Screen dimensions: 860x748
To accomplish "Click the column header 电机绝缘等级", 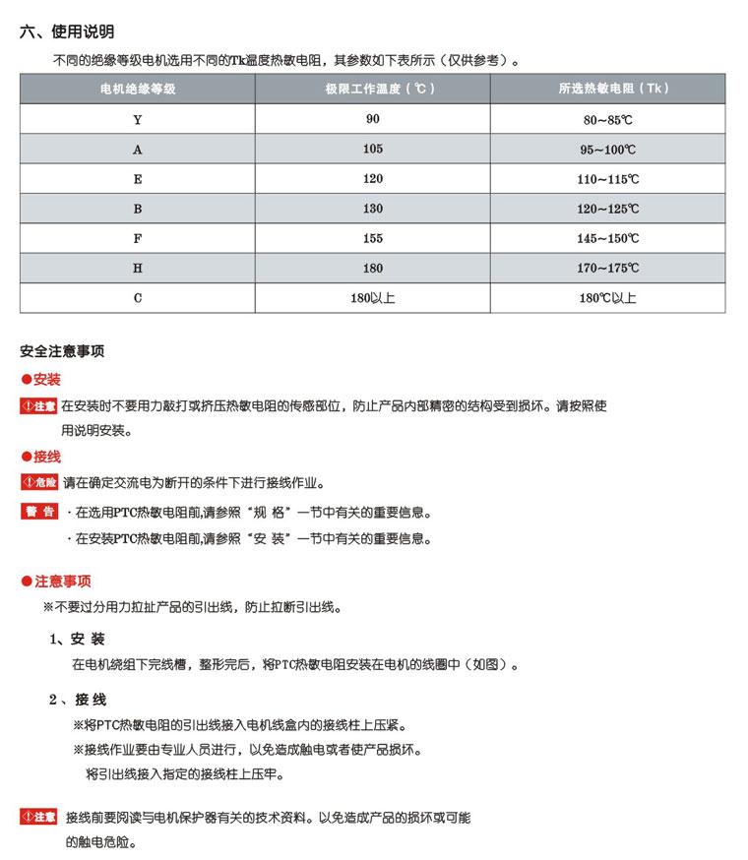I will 138,89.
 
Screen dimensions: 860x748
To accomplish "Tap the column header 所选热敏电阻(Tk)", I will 613,89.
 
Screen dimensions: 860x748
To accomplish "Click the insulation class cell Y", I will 138,119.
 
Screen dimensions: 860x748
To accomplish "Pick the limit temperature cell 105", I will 372,149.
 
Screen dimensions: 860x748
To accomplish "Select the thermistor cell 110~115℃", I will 608,179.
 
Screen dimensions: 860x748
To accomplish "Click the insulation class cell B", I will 138,209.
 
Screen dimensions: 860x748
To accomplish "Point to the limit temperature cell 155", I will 372,238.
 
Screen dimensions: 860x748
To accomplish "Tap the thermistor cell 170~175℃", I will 608,268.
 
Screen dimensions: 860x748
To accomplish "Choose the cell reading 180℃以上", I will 607,298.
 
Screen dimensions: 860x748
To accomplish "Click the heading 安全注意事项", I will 62,351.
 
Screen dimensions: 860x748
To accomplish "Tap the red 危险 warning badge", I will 39,483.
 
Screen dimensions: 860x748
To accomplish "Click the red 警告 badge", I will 39,512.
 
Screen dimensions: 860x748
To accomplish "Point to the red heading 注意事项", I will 63,582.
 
